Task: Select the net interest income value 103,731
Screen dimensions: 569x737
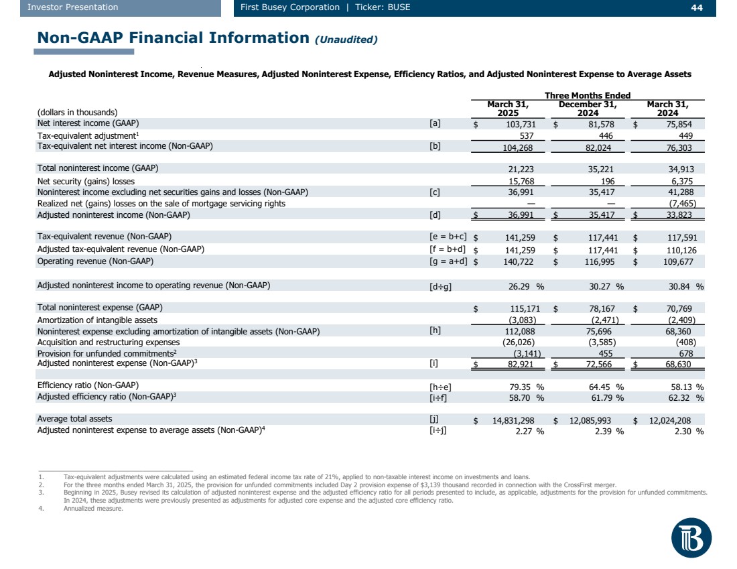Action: [x=516, y=124]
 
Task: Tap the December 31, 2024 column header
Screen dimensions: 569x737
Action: [x=588, y=109]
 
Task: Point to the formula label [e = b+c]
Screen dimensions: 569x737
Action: [x=448, y=237]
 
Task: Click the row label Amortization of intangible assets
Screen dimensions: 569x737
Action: [x=97, y=320]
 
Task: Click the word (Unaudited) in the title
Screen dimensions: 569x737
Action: [x=346, y=40]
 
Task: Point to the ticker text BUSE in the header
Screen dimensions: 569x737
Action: [x=398, y=7]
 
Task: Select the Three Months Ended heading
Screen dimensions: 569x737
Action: [x=588, y=96]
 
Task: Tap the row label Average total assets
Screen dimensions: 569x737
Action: [x=74, y=419]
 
